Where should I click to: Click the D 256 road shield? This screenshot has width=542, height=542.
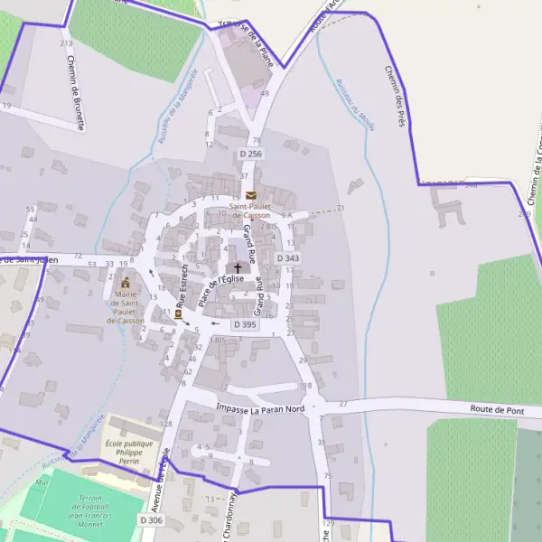click(250, 154)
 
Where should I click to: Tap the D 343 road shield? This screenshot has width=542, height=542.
click(286, 258)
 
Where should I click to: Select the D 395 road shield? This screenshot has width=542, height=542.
click(245, 323)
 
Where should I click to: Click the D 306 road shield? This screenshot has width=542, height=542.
click(152, 520)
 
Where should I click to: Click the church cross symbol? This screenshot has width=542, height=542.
click(238, 267)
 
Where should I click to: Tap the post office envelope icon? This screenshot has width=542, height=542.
click(250, 195)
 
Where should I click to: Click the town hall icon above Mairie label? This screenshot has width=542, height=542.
click(126, 282)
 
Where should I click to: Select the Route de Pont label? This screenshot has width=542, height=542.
click(497, 409)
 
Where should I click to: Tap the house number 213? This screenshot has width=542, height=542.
click(65, 43)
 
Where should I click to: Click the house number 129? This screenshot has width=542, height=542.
click(327, 523)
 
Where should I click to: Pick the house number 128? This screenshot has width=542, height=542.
click(166, 424)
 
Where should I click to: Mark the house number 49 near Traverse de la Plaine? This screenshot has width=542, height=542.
click(265, 93)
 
